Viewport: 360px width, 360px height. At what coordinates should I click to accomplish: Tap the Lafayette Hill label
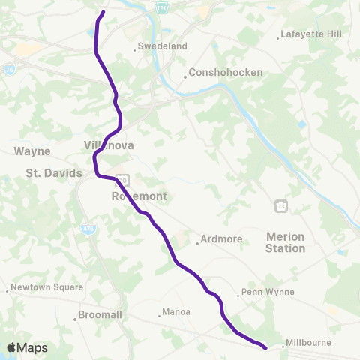(309, 34)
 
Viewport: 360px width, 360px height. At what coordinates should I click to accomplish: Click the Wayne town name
(32, 151)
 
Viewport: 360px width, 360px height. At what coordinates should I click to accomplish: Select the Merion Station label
(286, 241)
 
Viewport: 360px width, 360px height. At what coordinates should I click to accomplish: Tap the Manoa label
(175, 312)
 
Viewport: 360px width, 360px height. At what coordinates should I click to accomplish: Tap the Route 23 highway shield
(281, 205)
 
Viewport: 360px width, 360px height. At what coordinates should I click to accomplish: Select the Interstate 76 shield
(9, 67)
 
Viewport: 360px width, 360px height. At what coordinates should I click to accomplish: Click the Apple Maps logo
(27, 347)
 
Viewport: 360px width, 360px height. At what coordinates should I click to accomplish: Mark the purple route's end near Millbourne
(266, 347)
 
